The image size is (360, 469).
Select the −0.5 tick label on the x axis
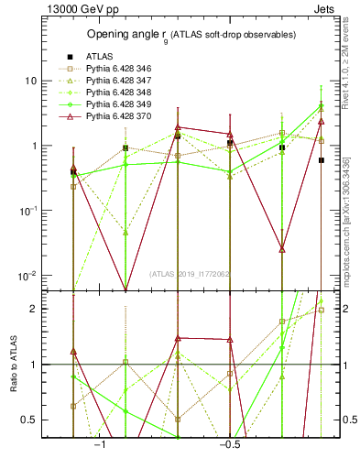point(228,445)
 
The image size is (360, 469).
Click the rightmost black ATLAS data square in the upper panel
point(321,159)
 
